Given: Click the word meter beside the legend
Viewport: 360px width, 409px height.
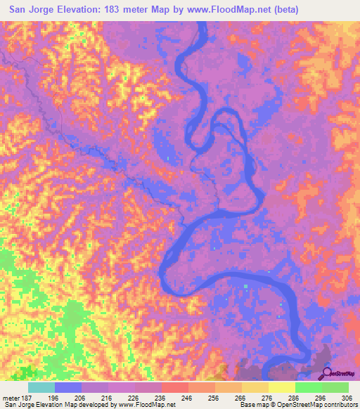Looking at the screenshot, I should coord(13,396).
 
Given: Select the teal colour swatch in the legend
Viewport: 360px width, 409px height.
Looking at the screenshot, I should coord(41,387).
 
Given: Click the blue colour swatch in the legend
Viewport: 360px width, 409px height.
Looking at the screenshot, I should coord(68,387).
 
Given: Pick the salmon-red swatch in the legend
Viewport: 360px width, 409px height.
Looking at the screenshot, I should coord(175,387).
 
